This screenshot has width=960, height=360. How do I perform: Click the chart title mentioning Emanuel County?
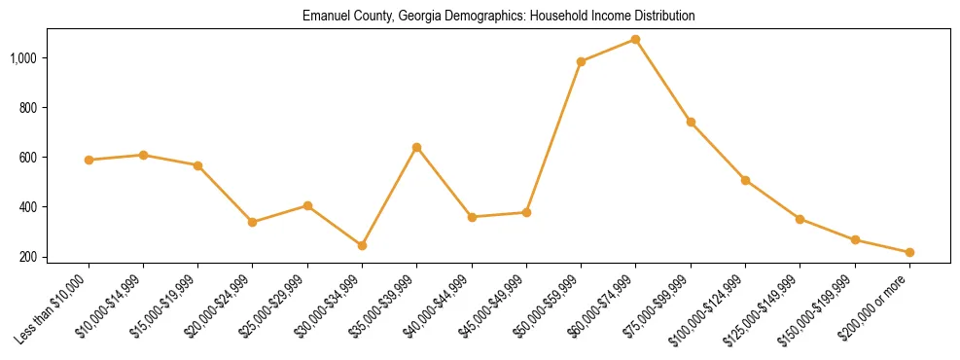(x=499, y=17)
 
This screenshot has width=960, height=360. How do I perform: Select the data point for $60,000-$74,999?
(x=635, y=39)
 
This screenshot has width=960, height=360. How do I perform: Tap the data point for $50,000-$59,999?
(x=581, y=61)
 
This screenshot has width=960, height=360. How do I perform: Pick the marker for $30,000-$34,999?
(x=362, y=245)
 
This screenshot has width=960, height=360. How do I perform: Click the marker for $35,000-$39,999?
(x=416, y=147)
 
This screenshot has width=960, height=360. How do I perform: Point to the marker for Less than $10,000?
(x=89, y=160)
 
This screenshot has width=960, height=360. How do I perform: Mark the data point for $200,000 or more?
(x=909, y=252)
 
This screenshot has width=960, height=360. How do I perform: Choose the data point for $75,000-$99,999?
(x=691, y=122)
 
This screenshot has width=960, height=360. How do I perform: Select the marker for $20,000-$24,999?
(x=253, y=222)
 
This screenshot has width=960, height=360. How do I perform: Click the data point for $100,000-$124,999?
(x=745, y=180)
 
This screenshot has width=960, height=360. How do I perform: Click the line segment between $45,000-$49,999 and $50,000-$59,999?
(x=553, y=136)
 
